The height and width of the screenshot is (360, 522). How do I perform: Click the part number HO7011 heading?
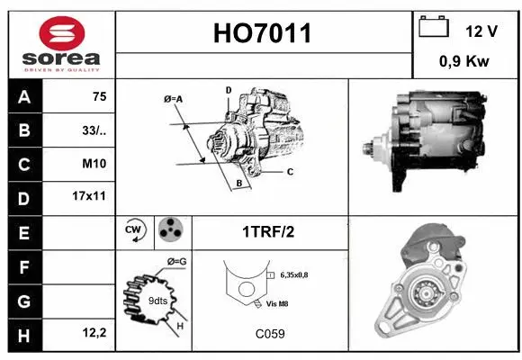[264, 33]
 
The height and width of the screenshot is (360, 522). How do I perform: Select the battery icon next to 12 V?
[433, 28]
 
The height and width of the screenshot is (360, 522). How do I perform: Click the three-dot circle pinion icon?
[169, 230]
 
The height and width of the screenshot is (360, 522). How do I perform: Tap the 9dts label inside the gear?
[157, 301]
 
